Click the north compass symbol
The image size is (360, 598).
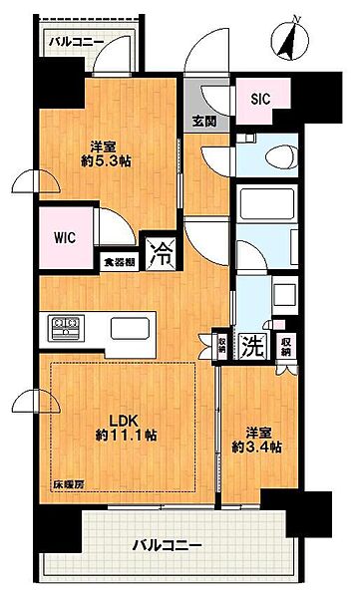[x=290, y=39]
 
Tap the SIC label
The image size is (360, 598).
[x=260, y=99]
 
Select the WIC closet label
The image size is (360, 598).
[x=65, y=238]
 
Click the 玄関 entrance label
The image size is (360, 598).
[x=204, y=122]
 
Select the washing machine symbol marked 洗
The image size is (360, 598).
[x=252, y=346]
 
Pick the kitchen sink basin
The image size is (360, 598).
[x=130, y=328]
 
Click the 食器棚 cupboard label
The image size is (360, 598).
[x=120, y=262]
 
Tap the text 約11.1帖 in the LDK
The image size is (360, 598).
[x=126, y=436]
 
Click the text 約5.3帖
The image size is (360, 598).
[x=106, y=161]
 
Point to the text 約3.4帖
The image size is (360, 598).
[x=257, y=447]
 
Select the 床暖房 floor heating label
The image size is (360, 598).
[x=69, y=484]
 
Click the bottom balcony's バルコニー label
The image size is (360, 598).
[x=167, y=546]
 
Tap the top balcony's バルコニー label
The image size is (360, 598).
[x=77, y=42]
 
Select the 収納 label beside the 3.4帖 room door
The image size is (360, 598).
[x=286, y=346]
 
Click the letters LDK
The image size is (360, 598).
[x=124, y=421]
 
